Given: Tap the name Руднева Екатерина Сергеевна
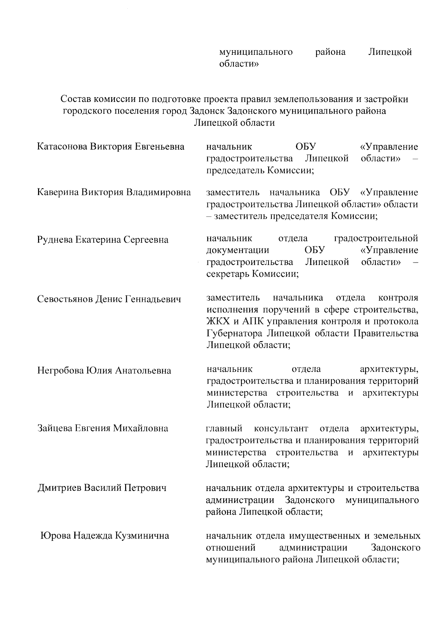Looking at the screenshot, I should (103, 240).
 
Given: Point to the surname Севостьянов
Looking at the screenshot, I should (65, 300).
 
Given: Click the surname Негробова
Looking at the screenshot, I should (60, 371).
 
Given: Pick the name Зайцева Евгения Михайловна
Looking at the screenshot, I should (103, 428).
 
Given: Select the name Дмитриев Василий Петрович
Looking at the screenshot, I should (102, 488).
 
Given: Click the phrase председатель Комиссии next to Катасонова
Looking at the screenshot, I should (260, 171).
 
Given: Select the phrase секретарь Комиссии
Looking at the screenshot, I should (252, 274).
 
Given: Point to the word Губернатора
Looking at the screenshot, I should (234, 334).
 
